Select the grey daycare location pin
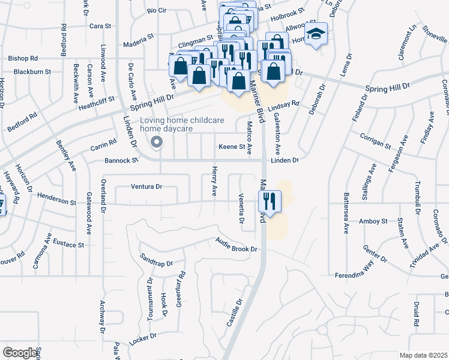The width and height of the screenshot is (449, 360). [157, 143]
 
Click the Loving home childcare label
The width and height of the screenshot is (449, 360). [182, 120]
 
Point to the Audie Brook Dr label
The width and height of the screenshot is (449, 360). [237, 245]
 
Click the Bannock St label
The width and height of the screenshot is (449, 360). [122, 160]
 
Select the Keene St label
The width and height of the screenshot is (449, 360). [232, 146]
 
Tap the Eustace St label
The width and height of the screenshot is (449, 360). [68, 244]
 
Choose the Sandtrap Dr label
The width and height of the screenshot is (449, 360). [156, 259]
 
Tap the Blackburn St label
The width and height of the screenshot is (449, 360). [29, 71]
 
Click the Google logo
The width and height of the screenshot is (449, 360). [20, 352]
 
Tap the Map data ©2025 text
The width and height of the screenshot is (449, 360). [424, 355]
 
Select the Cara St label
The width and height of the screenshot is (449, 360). [100, 26]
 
